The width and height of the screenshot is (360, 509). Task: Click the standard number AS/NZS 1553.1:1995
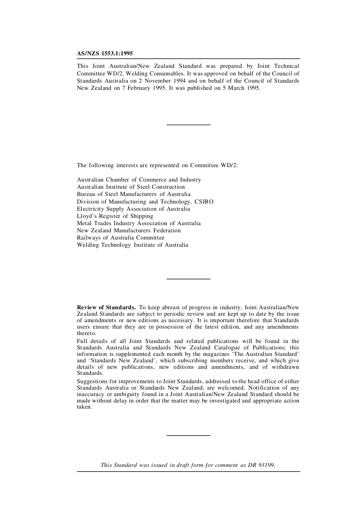[x=105, y=53]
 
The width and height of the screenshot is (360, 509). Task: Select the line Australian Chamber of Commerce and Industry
[x=139, y=180]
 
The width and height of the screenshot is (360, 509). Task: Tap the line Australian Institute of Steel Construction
[x=131, y=187]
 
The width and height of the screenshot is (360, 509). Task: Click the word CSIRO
[x=204, y=202]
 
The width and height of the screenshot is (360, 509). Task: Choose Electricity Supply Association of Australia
[x=133, y=209]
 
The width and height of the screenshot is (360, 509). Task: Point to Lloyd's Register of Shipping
[x=115, y=216]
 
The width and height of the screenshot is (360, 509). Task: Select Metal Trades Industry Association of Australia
[x=139, y=223]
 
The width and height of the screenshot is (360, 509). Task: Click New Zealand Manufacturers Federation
[x=129, y=230]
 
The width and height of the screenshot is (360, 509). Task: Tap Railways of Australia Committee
[x=121, y=238]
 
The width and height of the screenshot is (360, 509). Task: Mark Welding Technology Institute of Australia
[x=132, y=245]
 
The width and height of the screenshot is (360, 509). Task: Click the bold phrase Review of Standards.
[x=106, y=307]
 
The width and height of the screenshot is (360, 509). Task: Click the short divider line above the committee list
[x=188, y=125]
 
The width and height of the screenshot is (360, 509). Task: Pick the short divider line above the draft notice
[x=188, y=435]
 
